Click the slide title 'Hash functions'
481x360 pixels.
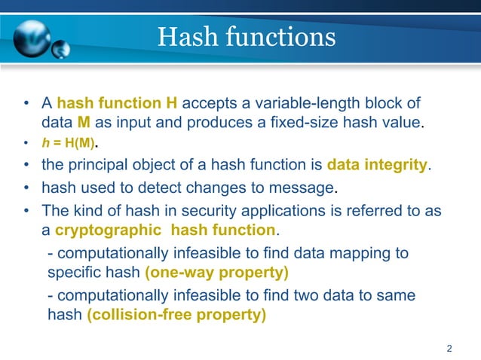click(246, 37)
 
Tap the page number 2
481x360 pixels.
click(449, 348)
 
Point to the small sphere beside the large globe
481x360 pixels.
click(60, 50)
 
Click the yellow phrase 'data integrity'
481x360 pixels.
click(377, 164)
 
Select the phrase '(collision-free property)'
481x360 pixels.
click(176, 315)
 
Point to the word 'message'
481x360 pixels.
click(306, 187)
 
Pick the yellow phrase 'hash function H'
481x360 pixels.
click(117, 103)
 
